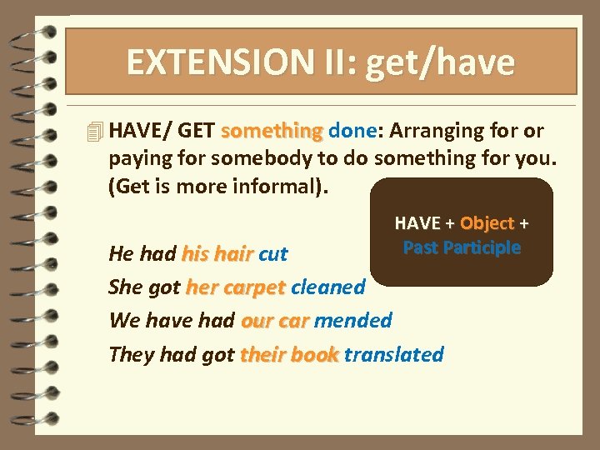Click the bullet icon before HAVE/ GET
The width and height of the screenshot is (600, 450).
click(95, 132)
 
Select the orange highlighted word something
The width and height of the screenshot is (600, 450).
click(272, 131)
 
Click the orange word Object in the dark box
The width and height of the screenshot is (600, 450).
click(487, 222)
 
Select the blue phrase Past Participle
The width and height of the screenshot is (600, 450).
click(462, 247)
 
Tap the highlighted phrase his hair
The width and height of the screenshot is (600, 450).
click(217, 253)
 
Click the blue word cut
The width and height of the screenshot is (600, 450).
click(273, 253)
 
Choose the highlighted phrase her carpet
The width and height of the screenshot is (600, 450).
click(236, 287)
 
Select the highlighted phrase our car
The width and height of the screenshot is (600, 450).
click(275, 320)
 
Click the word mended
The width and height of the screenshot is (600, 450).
click(353, 320)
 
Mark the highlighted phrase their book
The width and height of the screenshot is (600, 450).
click(289, 354)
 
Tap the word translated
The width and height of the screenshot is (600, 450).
click(393, 354)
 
